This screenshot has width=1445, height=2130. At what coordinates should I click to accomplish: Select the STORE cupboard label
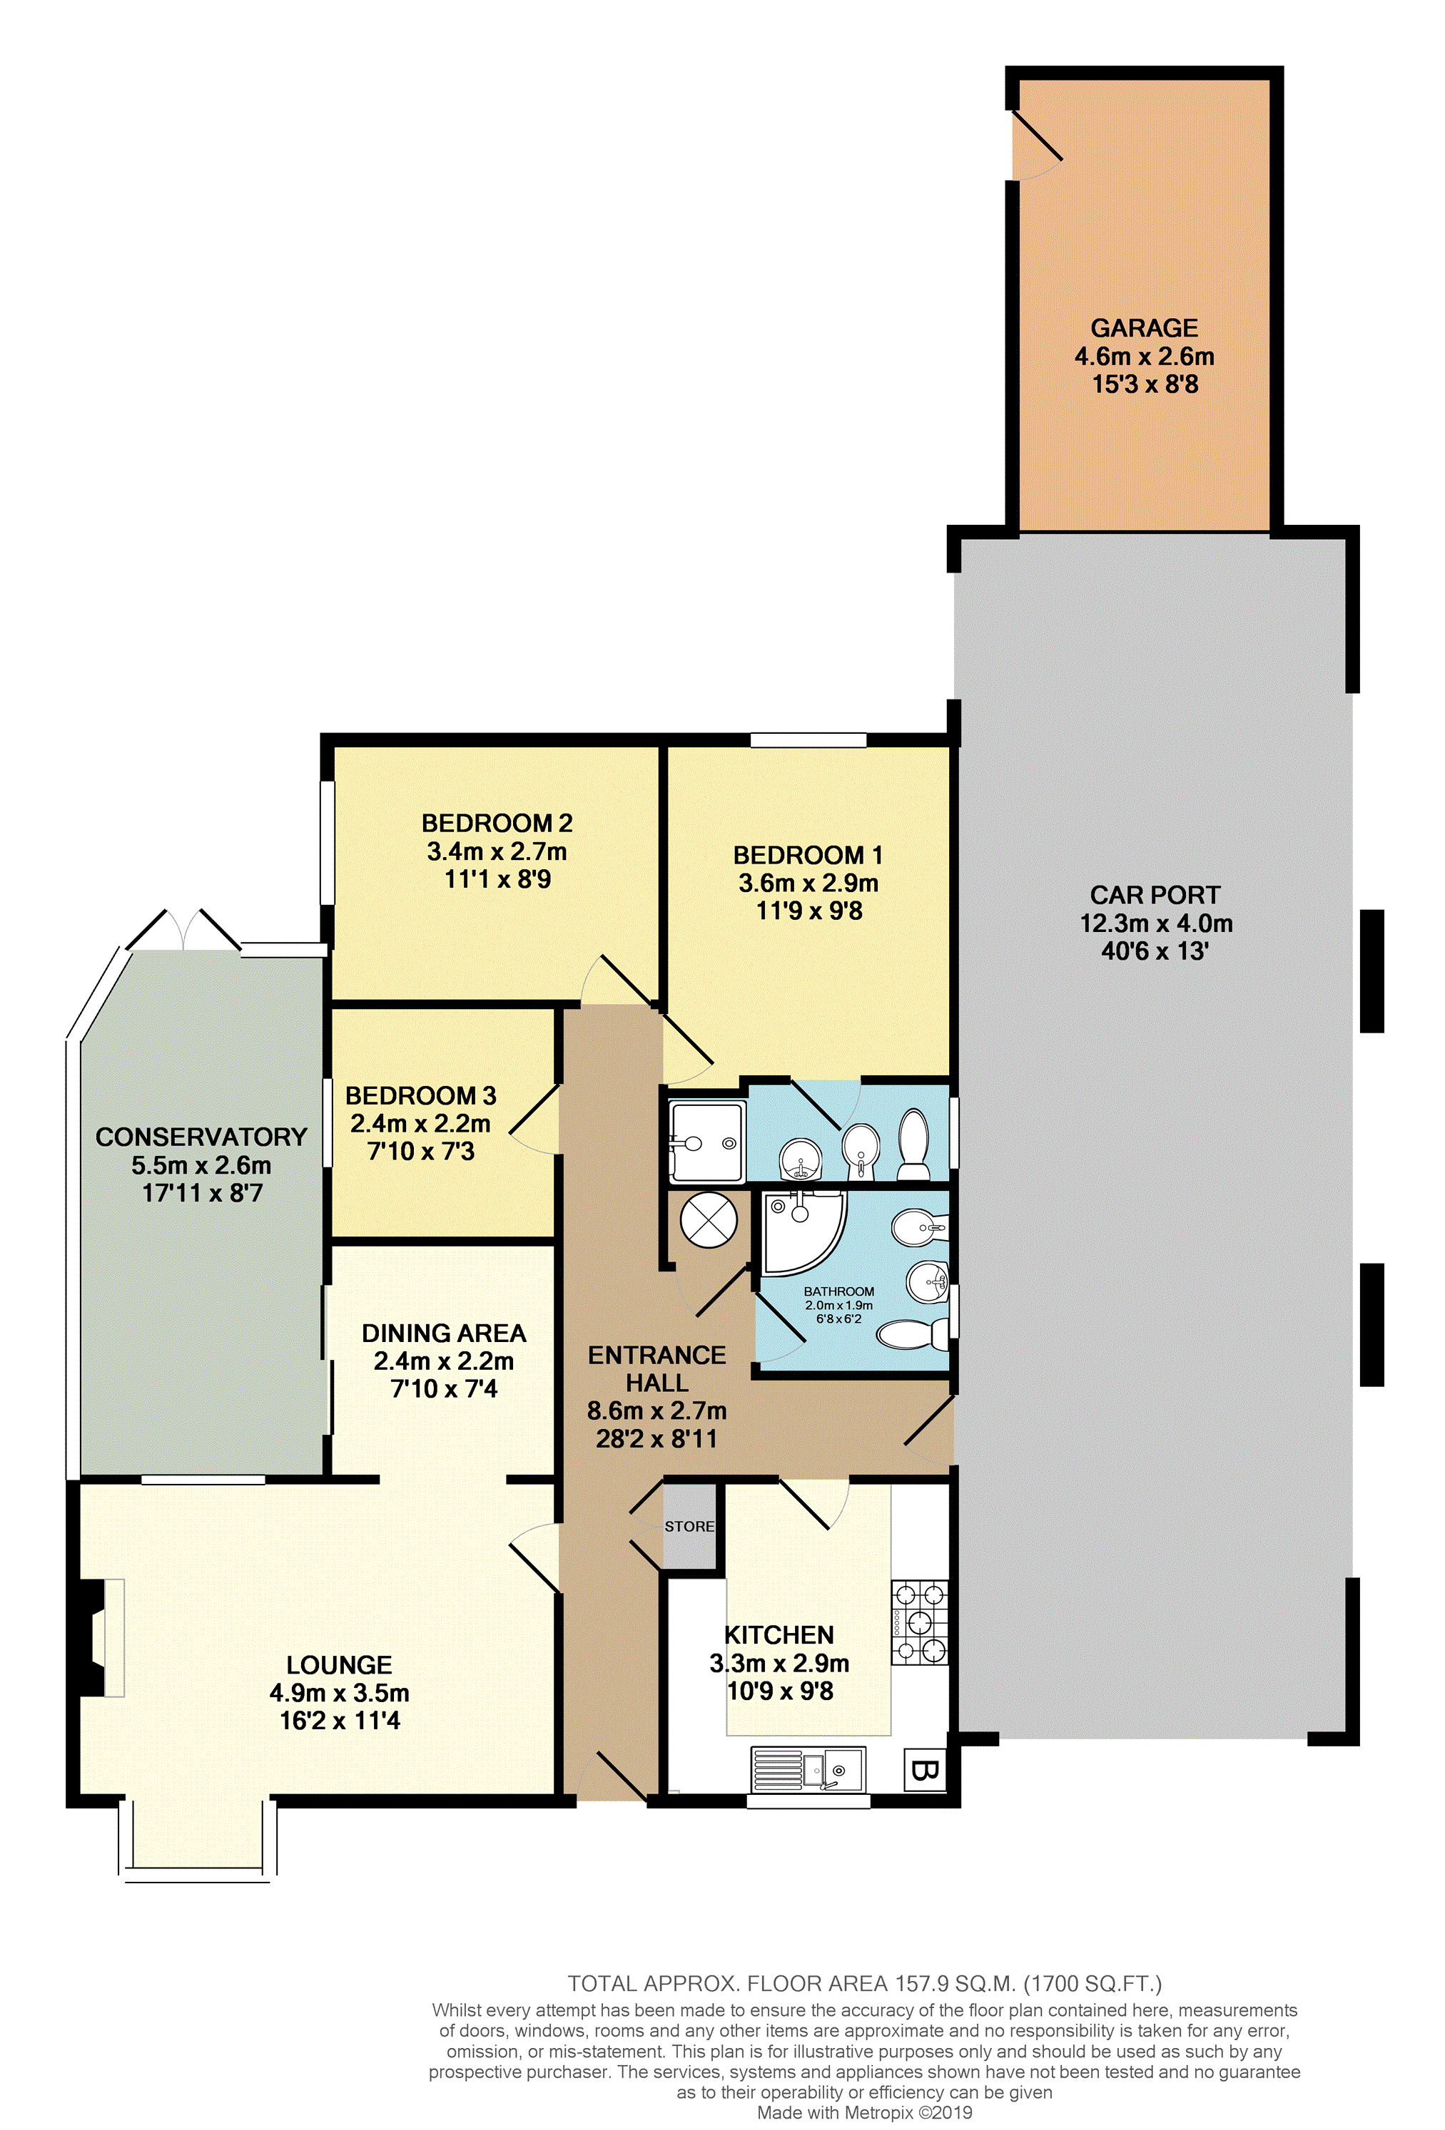(x=689, y=1526)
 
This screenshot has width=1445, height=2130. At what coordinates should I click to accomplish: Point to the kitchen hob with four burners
(x=920, y=1622)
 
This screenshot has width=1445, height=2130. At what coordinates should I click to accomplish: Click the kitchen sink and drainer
(x=808, y=1769)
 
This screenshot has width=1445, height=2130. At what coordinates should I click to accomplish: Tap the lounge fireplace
(x=101, y=1637)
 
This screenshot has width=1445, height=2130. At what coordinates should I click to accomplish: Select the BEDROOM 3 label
(x=421, y=1095)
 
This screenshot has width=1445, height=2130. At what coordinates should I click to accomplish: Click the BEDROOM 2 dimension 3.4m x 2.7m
(x=497, y=851)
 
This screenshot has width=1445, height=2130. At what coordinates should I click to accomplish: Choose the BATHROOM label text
(x=839, y=1291)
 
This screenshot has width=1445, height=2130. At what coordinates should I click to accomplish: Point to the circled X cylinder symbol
(x=709, y=1220)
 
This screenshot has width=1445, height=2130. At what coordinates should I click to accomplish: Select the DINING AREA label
(x=444, y=1333)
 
